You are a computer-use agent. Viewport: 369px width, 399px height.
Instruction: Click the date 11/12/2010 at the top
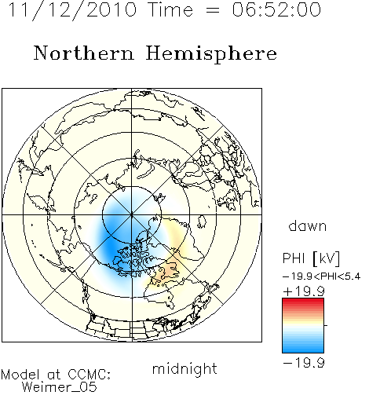pyautogui.click(x=72, y=9)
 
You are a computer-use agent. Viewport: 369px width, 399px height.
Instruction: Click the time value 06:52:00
pyautogui.click(x=276, y=9)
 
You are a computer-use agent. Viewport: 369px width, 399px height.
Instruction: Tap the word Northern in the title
pyautogui.click(x=84, y=53)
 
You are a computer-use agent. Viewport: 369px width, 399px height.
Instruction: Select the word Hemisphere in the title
pyautogui.click(x=211, y=53)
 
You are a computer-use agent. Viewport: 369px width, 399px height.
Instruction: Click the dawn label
pyautogui.click(x=308, y=225)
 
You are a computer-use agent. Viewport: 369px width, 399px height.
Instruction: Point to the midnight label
pyautogui.click(x=184, y=368)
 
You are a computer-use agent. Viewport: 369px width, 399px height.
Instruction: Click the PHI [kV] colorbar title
pyautogui.click(x=311, y=258)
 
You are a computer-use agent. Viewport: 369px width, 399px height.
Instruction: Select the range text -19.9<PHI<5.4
pyautogui.click(x=321, y=276)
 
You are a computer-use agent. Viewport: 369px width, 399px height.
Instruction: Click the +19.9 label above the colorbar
pyautogui.click(x=304, y=291)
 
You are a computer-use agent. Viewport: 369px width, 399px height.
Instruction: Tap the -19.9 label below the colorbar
pyautogui.click(x=304, y=363)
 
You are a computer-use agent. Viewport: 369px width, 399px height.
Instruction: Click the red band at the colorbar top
pyautogui.click(x=303, y=302)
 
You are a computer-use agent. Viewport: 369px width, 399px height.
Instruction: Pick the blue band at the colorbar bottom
pyautogui.click(x=303, y=349)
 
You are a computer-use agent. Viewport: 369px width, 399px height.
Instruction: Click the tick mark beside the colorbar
pyautogui.click(x=326, y=325)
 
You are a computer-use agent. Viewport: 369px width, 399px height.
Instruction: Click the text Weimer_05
pyautogui.click(x=60, y=387)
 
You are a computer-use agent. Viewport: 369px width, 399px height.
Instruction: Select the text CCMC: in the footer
pyautogui.click(x=90, y=375)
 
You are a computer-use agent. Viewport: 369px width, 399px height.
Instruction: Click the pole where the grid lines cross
pyautogui.click(x=132, y=214)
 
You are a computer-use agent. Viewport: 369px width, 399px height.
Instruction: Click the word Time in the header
pyautogui.click(x=171, y=9)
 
